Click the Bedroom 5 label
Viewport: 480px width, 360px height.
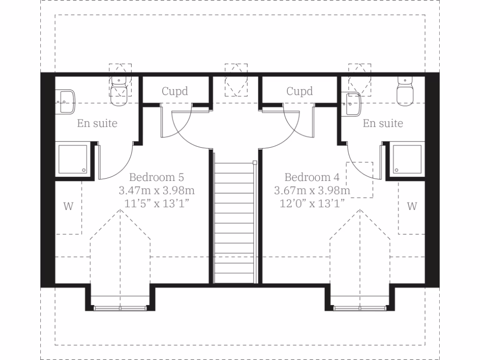pos(156,178)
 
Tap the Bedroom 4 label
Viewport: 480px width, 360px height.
pos(312,178)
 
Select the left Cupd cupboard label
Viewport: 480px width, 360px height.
pos(175,91)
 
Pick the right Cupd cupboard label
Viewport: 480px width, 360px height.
pos(300,91)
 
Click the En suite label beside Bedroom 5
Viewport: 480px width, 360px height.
pos(97,124)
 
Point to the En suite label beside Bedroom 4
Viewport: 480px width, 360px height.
pos(383,124)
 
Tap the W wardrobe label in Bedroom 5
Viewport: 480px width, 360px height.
pos(68,206)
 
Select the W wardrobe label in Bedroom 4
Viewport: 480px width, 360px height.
pos(412,206)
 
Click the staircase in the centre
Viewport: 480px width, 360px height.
pos(235,220)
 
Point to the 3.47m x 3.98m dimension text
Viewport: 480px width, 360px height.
pos(156,191)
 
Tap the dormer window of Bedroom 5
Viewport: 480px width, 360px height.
pos(120,307)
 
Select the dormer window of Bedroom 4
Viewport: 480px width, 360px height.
pos(360,307)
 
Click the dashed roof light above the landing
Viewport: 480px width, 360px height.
pos(236,80)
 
